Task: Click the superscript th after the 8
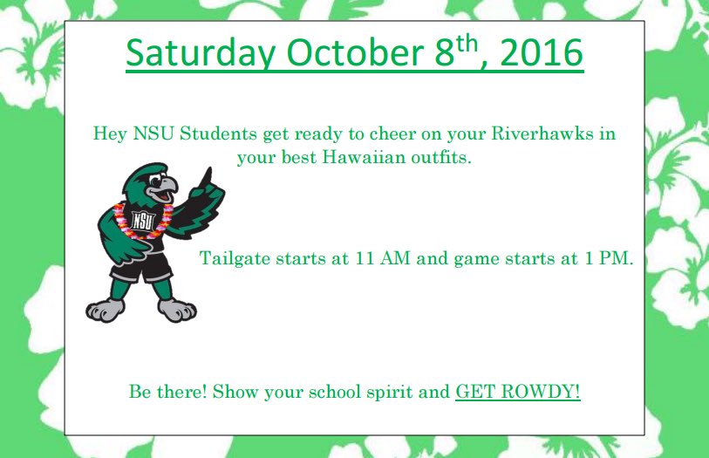pyautogui.click(x=469, y=43)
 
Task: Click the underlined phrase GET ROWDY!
pyautogui.click(x=518, y=391)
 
